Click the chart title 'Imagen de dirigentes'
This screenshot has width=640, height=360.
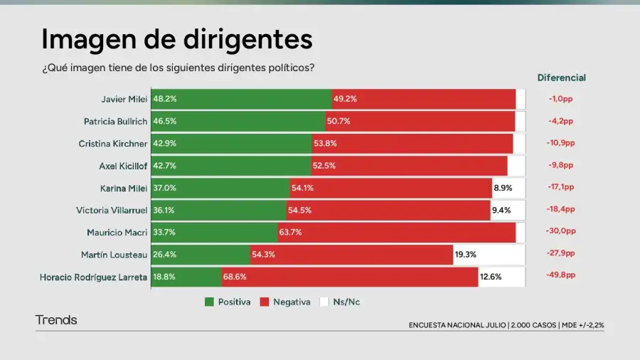coord(176,38)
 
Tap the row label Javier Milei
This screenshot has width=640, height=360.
coord(124,99)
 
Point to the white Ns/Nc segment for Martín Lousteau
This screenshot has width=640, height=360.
coord(489,254)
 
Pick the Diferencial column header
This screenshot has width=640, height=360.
coord(561,78)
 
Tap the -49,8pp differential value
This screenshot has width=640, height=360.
coord(561,275)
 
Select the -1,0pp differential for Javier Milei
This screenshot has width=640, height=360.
coord(561,99)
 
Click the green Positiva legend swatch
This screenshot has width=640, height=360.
coord(209,302)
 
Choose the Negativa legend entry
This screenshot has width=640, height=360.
coord(285,302)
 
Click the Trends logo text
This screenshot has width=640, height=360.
coord(56,320)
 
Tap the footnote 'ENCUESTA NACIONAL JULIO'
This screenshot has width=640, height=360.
coord(457,325)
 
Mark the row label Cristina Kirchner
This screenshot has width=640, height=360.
coord(112,144)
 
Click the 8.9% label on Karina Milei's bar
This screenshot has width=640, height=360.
coord(503,188)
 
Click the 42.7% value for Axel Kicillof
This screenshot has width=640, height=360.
coord(166,166)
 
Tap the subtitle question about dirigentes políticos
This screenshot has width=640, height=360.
coord(178,68)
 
